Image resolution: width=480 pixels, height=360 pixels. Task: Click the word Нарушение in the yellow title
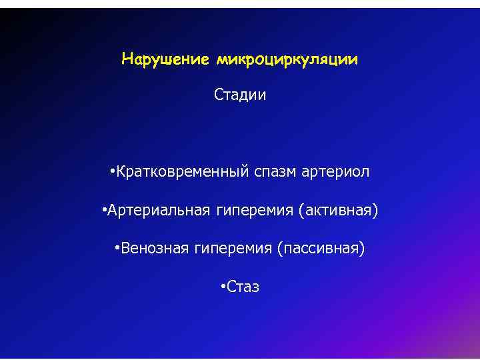click(166, 60)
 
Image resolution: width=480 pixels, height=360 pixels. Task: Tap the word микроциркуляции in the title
click(287, 60)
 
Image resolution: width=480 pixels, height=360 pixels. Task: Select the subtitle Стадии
click(240, 95)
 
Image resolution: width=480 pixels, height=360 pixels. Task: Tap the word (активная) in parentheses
click(338, 211)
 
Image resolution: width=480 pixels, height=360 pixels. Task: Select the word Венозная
click(154, 249)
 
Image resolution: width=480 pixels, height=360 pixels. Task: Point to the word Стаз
click(243, 287)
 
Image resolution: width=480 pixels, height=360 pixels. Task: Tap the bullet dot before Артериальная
click(105, 211)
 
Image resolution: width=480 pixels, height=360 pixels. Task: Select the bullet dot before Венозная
click(117, 249)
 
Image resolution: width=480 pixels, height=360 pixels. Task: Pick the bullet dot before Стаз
click(223, 287)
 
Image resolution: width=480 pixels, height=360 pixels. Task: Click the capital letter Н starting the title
click(127, 60)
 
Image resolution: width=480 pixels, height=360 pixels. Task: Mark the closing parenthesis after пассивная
click(363, 249)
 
